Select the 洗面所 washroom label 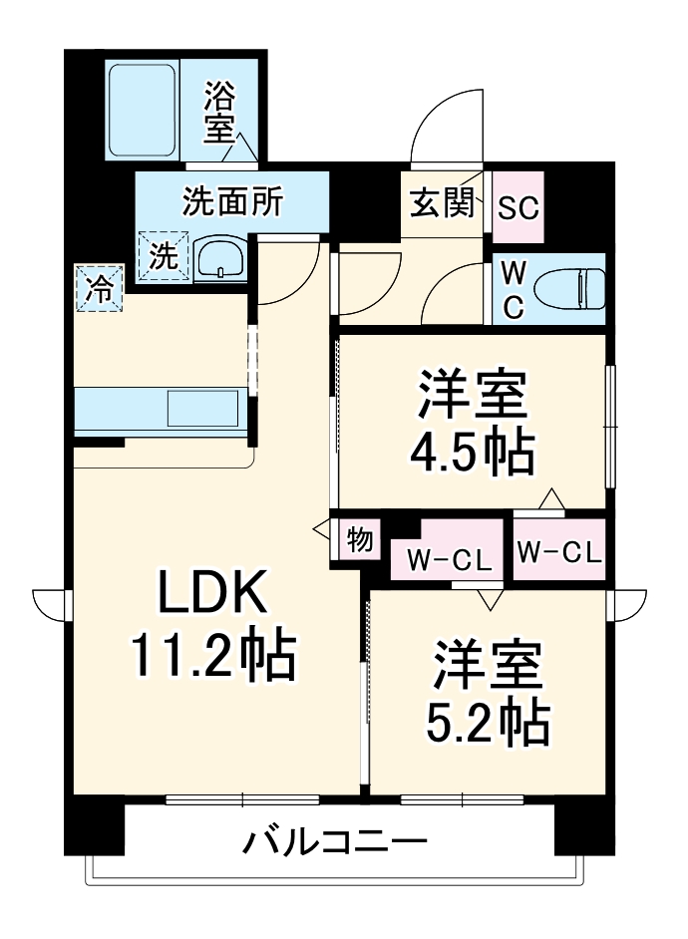point(231,201)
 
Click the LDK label point(210,595)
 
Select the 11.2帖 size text point(210,658)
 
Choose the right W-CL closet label point(559,551)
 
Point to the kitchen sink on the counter point(203,408)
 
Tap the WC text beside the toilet point(513,290)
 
